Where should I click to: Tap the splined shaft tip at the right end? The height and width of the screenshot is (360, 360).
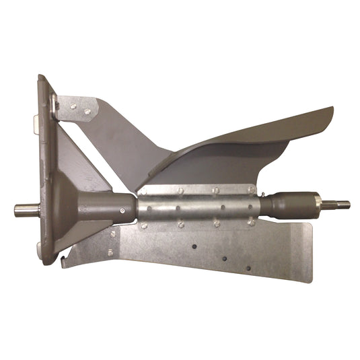coord(340,204)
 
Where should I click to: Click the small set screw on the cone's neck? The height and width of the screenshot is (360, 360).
coord(121,210)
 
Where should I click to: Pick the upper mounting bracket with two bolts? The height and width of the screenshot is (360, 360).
coord(77,108)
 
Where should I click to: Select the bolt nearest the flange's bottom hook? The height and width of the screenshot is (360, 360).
coord(110,252)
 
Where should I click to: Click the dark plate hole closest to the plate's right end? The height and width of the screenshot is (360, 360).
coord(248,268)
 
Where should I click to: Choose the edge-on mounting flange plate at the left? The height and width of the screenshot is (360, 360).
coord(47,168)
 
